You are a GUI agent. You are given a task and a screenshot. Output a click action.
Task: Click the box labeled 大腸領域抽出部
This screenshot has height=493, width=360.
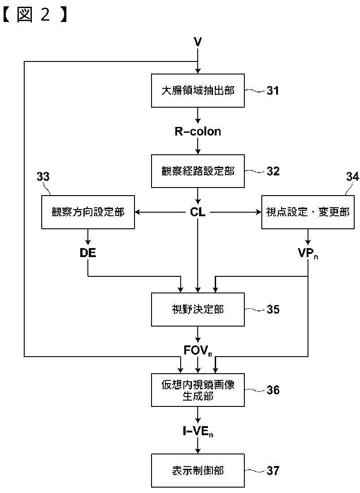coord(198,91)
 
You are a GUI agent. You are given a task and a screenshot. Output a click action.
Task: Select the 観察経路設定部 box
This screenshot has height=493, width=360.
coord(198,171)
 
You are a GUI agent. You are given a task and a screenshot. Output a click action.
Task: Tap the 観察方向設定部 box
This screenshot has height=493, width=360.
coord(88,212)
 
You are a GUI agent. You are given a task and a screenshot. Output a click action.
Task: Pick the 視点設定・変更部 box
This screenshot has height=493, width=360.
coord(308,212)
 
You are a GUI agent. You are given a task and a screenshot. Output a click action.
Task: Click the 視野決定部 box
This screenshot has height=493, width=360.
coord(198,310)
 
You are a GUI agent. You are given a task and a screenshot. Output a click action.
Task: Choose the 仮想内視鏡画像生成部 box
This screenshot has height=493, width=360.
coord(198,390)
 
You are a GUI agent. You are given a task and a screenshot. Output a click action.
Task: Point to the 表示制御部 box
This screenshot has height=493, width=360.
coord(198,471)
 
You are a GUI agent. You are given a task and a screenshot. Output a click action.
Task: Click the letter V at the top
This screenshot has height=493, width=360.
coord(198,42)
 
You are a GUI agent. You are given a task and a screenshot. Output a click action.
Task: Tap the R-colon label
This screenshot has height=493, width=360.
coord(198,131)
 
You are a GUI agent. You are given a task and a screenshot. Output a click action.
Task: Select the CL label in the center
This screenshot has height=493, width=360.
coord(198,212)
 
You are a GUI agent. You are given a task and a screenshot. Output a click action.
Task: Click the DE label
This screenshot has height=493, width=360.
coord(88,253)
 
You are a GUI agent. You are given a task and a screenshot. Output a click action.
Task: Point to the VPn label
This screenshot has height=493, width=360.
coord(308,253)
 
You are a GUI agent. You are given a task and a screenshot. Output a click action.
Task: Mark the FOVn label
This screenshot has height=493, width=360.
coord(198,350)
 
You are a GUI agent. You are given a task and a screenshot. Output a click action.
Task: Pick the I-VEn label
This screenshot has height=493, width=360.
coord(198,432)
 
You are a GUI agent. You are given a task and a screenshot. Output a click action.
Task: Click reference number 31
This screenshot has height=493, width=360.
coord(273,91)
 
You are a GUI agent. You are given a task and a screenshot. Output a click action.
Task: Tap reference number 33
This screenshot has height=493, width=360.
coord(43,177)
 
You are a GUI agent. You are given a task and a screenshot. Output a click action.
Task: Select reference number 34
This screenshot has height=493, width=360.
coord(352,177)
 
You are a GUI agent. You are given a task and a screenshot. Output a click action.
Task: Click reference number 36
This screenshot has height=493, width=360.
coord(273,390)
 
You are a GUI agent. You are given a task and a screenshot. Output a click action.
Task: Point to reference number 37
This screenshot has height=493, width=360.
coord(273,471)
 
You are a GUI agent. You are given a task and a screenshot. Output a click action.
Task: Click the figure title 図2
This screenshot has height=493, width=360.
coord(35,15)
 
